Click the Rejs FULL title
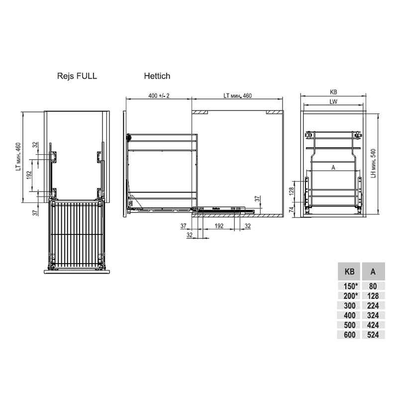click(77, 76)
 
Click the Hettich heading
click(157, 76)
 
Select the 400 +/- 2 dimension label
click(159, 96)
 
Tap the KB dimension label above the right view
click(333, 92)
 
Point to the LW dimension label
click(333, 101)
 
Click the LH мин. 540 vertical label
click(373, 163)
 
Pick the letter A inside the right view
click(333, 168)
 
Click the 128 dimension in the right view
click(292, 191)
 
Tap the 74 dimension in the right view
click(292, 209)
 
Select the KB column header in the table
click(349, 272)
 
